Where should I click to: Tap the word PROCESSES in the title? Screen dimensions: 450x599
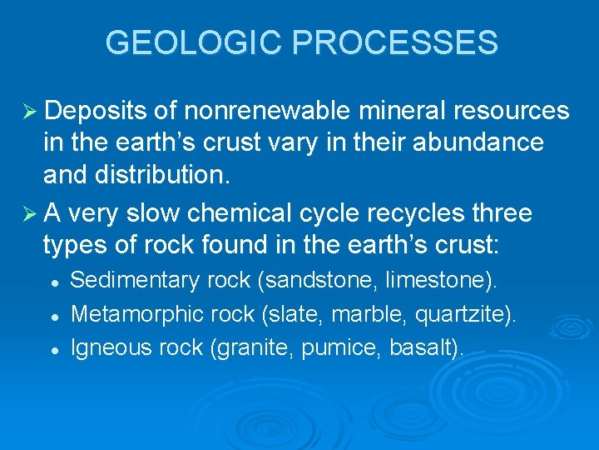(397, 42)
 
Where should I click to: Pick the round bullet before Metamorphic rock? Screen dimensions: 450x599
(54, 316)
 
